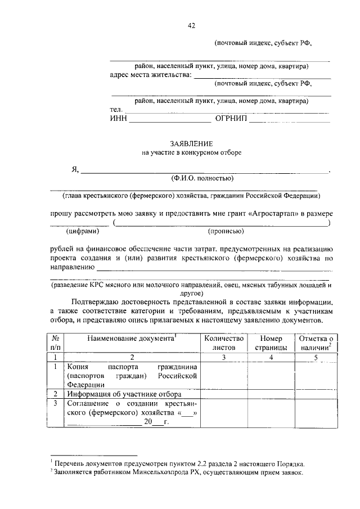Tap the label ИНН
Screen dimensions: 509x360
click(x=118, y=119)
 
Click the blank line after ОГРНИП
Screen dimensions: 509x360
click(x=289, y=120)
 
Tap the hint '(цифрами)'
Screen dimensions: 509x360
click(x=83, y=231)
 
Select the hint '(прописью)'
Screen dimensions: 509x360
click(x=226, y=231)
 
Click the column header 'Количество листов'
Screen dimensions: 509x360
click(x=223, y=343)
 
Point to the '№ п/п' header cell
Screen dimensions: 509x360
click(x=56, y=343)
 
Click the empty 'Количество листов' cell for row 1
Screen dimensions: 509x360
click(x=223, y=375)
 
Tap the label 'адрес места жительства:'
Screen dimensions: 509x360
click(x=151, y=74)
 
